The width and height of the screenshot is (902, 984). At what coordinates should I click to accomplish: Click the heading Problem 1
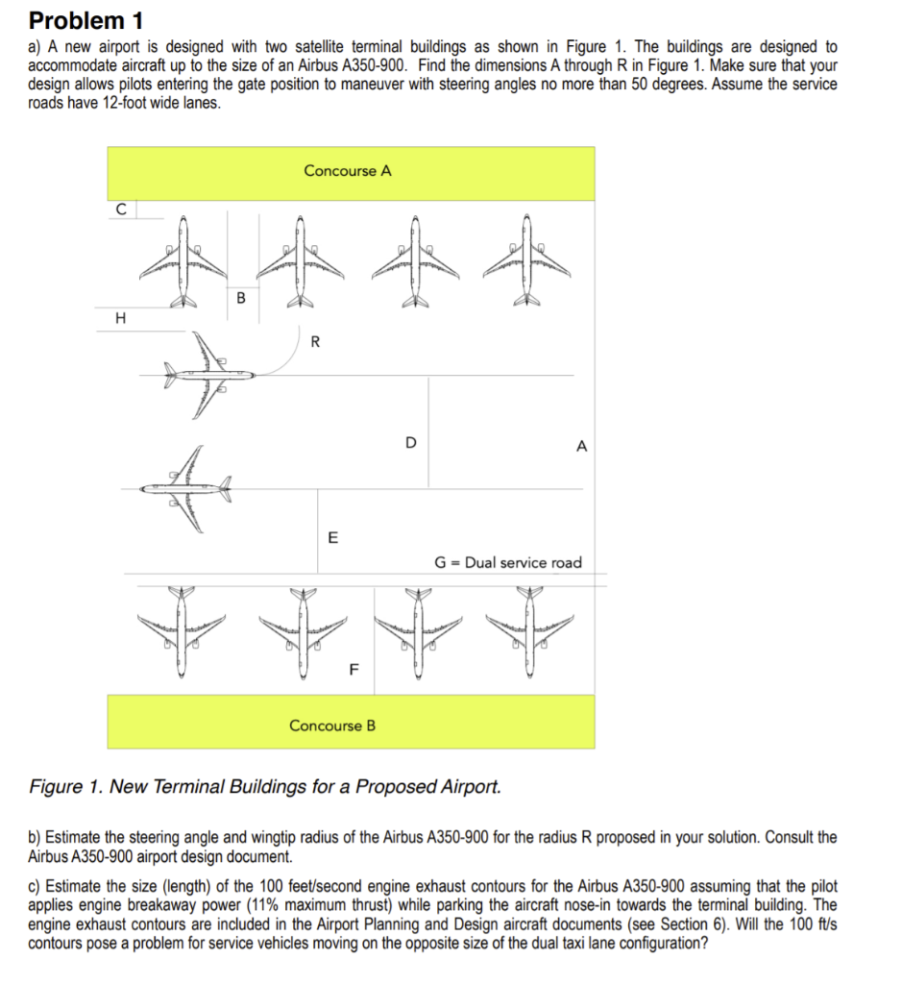pos(77,20)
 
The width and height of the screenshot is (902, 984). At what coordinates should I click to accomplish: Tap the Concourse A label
pos(348,171)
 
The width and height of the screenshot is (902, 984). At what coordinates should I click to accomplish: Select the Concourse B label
pos(332,726)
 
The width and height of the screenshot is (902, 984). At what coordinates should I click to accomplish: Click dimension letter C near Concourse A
pos(120,207)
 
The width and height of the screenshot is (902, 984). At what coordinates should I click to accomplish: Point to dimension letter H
pos(120,318)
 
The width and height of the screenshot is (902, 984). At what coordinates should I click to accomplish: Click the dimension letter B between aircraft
pos(240,298)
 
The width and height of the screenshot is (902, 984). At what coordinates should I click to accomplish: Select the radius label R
pos(317,339)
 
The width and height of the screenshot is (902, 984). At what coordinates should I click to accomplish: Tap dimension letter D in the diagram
pos(411,443)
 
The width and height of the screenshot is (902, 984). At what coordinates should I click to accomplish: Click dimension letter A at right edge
pos(581,446)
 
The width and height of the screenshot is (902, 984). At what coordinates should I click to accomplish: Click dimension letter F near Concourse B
pos(353,671)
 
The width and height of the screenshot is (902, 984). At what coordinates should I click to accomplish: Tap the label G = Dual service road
pos(508,562)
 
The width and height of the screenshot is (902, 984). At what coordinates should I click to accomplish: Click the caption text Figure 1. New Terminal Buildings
pos(265,787)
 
